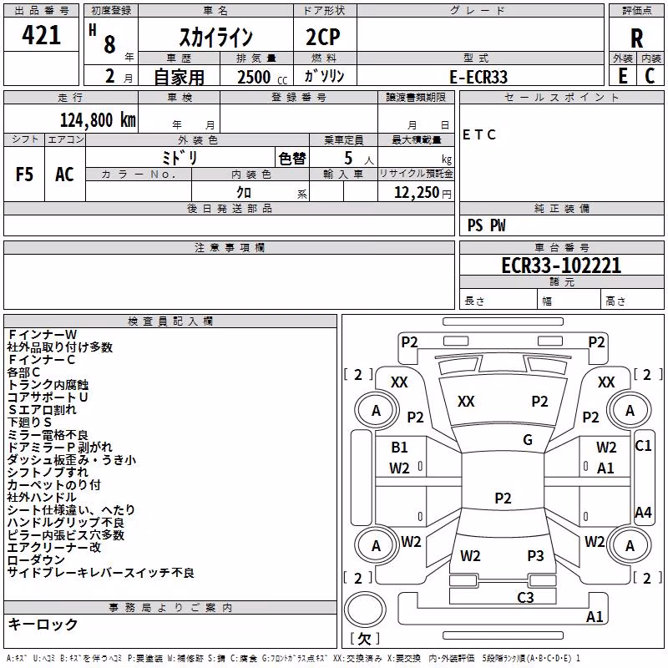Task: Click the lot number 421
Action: pyautogui.click(x=41, y=35)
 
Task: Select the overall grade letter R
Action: pyautogui.click(x=636, y=38)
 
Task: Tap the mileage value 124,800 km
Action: pyautogui.click(x=98, y=120)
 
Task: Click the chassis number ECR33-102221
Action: pyautogui.click(x=561, y=265)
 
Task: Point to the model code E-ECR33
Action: pyautogui.click(x=478, y=77)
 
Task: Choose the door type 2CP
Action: pyautogui.click(x=323, y=37)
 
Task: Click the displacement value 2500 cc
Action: pyautogui.click(x=262, y=77)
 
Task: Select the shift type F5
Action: pyautogui.click(x=24, y=175)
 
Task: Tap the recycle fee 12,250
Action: pyautogui.click(x=423, y=193)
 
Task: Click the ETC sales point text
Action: pyautogui.click(x=478, y=135)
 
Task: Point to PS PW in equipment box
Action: pyautogui.click(x=486, y=225)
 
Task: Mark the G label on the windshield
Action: pyautogui.click(x=528, y=440)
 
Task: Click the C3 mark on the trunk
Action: pyautogui.click(x=525, y=597)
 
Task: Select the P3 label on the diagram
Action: pyautogui.click(x=535, y=555)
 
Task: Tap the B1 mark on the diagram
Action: pyautogui.click(x=399, y=448)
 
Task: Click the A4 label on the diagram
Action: pyautogui.click(x=643, y=512)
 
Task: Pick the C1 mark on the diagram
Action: pyautogui.click(x=643, y=446)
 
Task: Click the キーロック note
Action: pyautogui.click(x=43, y=624)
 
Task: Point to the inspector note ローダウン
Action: pyautogui.click(x=36, y=559)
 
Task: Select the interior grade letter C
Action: pyautogui.click(x=650, y=76)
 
